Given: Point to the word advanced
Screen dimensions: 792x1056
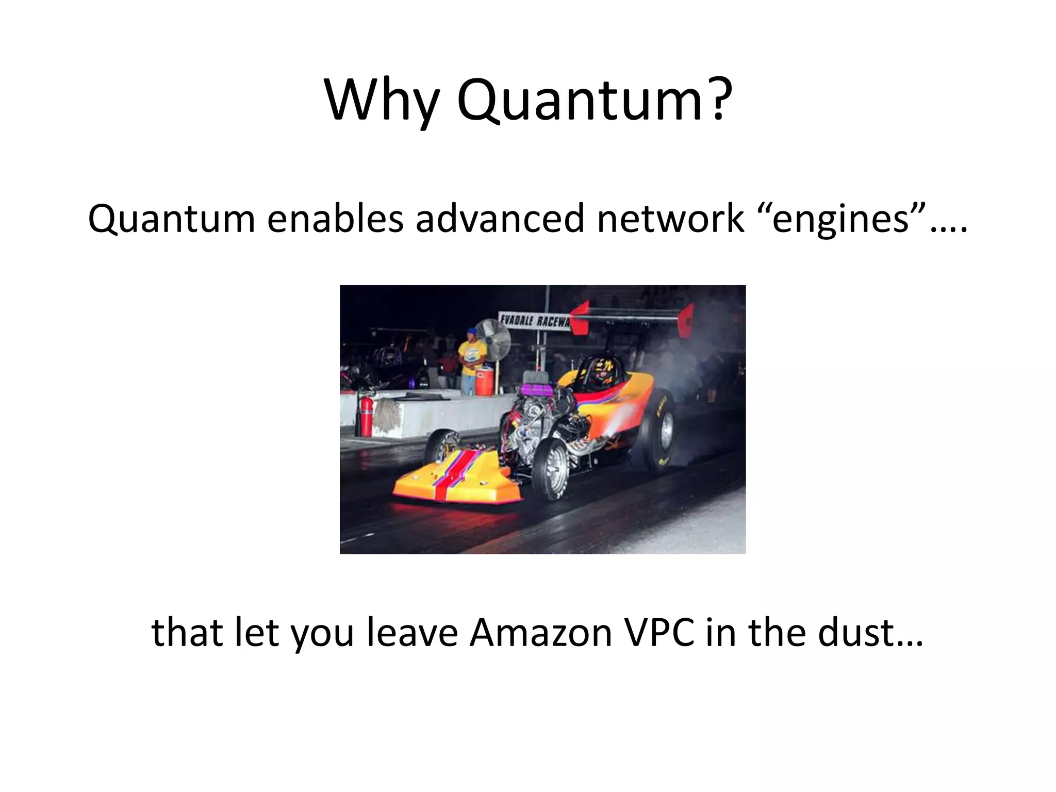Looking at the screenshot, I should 500,219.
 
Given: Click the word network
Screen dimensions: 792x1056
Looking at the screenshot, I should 671,219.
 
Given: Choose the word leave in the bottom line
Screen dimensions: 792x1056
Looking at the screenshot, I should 412,633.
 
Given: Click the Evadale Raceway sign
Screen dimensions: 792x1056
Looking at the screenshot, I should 534,321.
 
